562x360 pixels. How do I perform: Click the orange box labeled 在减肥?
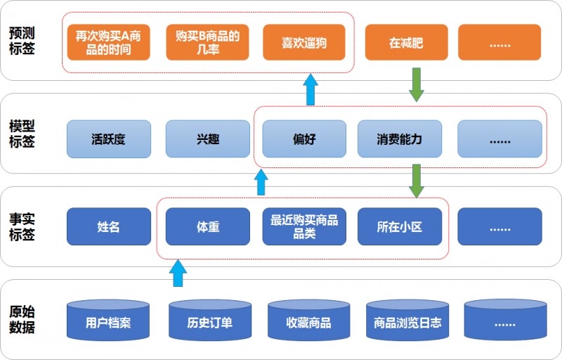tap(406, 42)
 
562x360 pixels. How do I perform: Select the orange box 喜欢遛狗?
tap(304, 42)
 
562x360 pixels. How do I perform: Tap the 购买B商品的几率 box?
tap(207, 42)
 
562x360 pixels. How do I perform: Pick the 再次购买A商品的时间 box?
tap(108, 42)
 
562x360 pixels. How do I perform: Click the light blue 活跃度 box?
tap(109, 139)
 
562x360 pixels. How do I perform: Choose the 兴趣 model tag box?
tap(207, 139)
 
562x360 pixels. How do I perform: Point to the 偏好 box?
tap(304, 139)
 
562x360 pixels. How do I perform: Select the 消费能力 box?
tap(400, 139)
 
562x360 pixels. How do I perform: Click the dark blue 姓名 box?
tap(109, 226)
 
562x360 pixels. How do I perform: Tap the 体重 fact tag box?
tap(207, 226)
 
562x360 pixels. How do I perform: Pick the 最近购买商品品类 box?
tap(304, 226)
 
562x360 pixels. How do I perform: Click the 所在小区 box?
tap(400, 226)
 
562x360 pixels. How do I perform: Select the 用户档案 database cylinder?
tap(108, 320)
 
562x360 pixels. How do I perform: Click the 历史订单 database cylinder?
tap(210, 320)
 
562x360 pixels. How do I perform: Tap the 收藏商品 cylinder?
tap(308, 320)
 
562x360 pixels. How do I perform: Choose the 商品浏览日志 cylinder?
tap(407, 320)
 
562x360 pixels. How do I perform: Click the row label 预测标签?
tap(22, 41)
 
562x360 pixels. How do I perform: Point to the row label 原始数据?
tap(22, 319)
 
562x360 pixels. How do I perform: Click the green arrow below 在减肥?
tap(416, 84)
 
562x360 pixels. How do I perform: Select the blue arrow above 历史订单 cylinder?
tap(178, 274)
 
